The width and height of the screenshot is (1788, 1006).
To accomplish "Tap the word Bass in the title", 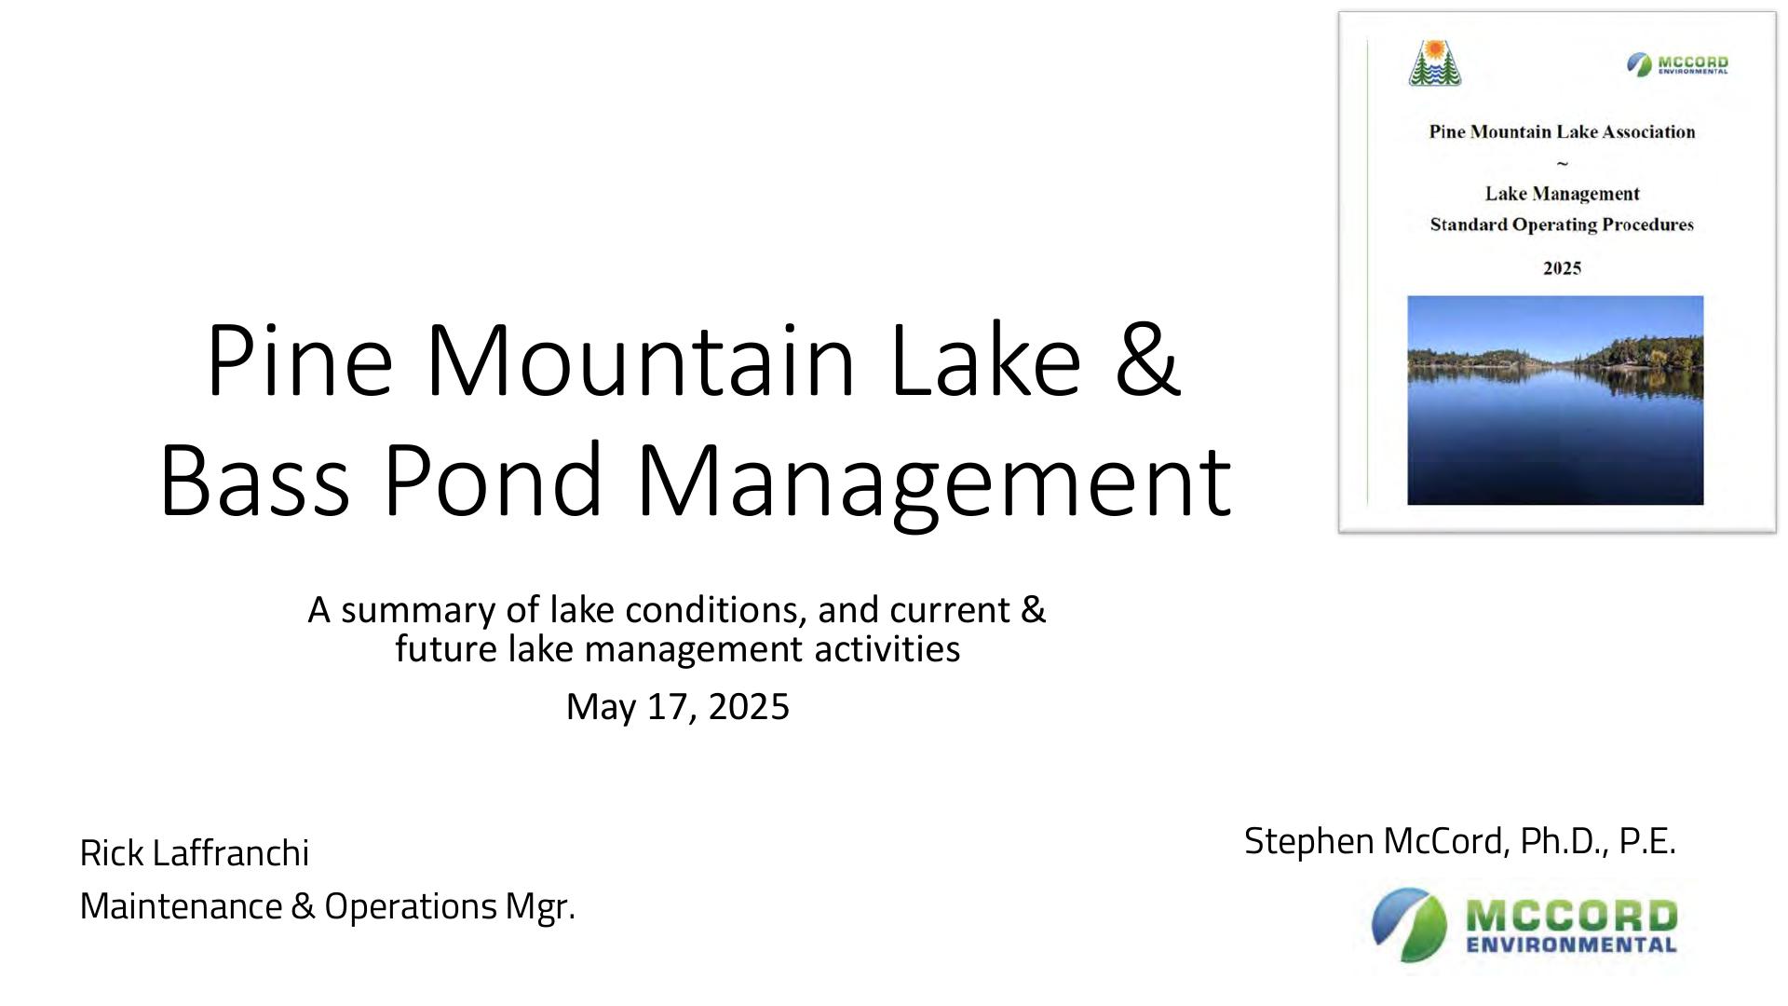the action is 254,479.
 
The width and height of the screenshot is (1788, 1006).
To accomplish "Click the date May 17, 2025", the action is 678,706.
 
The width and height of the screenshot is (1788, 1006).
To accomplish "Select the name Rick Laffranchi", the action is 195,852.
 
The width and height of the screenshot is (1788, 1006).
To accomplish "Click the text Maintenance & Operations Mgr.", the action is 328,905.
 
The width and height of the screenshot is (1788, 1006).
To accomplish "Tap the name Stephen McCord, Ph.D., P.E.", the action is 1460,840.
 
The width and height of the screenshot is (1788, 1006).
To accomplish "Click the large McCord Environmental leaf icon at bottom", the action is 1409,924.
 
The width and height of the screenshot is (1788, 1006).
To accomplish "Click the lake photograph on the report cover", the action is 1555,401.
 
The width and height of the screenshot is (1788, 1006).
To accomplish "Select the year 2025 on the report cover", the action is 1563,268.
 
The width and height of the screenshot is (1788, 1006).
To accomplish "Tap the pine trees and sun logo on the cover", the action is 1435,62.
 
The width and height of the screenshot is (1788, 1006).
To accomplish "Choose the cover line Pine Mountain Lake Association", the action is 1563,132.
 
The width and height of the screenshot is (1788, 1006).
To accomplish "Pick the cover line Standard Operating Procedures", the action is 1562,224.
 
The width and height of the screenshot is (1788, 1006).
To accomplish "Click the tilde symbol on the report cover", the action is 1563,163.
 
